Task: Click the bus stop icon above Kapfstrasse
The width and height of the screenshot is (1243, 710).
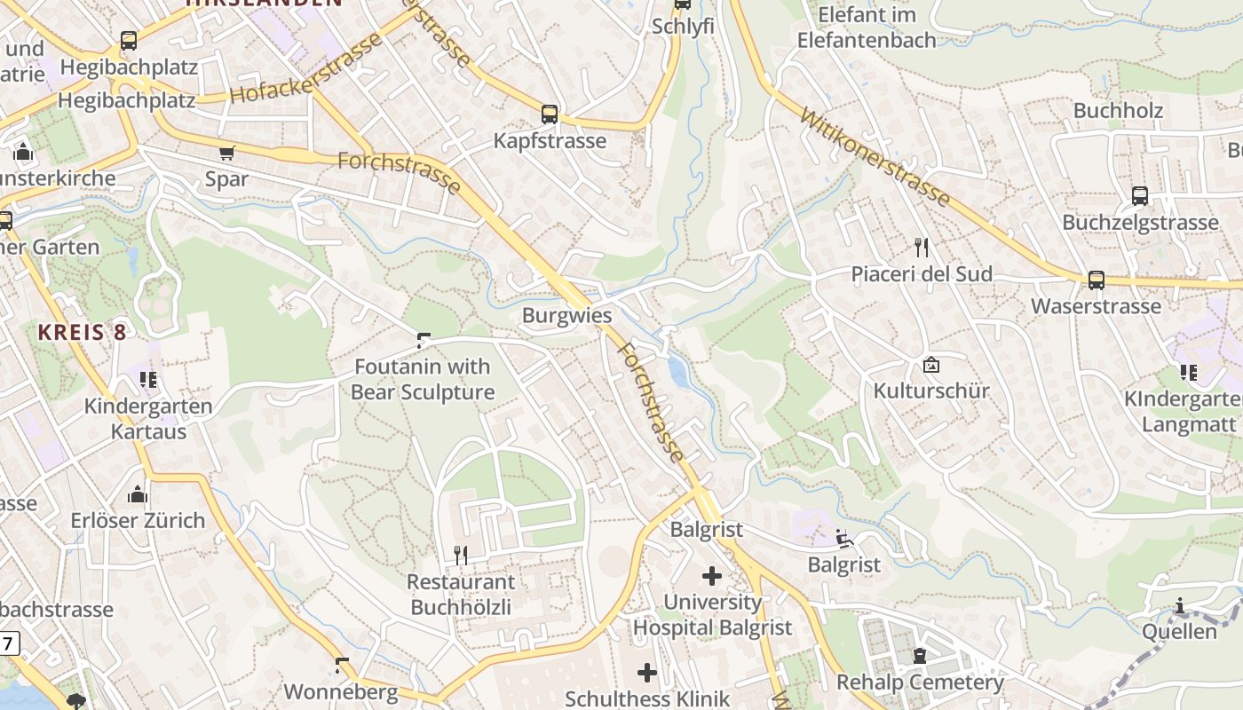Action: point(550,114)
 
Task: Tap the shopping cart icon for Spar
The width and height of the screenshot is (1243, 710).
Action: point(227,153)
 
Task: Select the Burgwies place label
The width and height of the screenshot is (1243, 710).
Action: point(566,315)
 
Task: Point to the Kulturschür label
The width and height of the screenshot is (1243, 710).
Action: point(930,390)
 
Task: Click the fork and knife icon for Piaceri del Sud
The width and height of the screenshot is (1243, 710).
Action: point(921,247)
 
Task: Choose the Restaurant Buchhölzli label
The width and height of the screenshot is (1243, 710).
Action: point(460,595)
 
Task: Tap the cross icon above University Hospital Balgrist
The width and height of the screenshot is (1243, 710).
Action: point(711,576)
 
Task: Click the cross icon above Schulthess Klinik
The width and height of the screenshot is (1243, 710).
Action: point(647,673)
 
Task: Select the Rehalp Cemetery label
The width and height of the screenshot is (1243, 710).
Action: point(920,682)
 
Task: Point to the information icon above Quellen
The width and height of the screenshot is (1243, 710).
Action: point(1179,606)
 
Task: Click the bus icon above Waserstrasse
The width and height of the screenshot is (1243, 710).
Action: point(1097,280)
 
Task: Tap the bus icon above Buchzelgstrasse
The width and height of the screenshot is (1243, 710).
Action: point(1140,196)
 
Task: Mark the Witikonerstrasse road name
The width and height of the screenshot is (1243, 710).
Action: point(875,158)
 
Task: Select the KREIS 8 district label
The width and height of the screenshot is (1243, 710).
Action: point(82,332)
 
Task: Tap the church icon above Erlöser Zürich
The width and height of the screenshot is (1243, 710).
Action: point(138,494)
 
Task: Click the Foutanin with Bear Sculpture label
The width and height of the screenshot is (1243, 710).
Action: point(423,379)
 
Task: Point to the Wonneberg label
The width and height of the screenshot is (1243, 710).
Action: point(340,691)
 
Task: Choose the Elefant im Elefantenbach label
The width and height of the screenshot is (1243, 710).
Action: point(867,28)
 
